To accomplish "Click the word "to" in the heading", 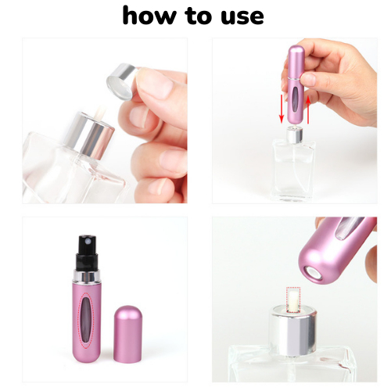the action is tap(198, 16).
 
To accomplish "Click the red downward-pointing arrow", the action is tap(282, 109).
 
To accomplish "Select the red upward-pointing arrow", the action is tap(308, 110).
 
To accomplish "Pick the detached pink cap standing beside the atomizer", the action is tap(128, 334).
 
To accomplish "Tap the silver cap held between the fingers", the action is tap(121, 81).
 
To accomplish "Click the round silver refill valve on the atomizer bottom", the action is tap(314, 274).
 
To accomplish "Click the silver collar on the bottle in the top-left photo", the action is tap(88, 135).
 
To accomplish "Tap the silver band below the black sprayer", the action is tap(87, 276).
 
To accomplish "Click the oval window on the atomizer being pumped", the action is tap(296, 99).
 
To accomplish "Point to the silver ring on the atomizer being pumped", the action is tap(296, 78).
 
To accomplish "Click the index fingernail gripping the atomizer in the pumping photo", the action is tap(308, 79).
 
